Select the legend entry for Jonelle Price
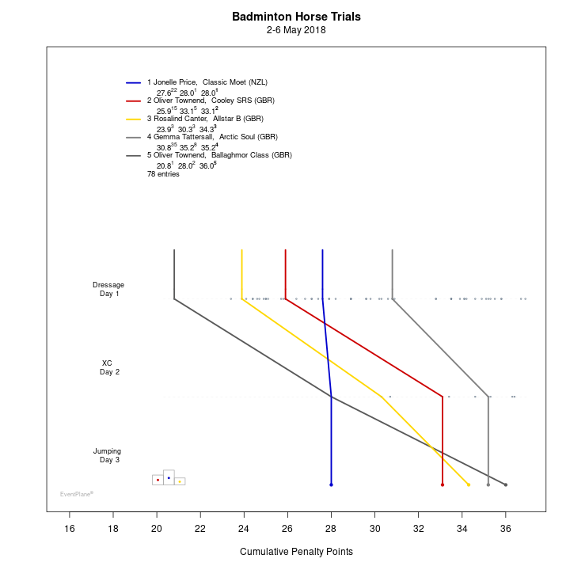[207, 82]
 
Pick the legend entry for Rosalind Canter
[204, 119]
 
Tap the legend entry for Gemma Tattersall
[211, 137]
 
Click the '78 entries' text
[163, 174]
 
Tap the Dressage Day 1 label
[108, 289]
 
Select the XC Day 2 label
[108, 367]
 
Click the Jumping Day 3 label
[108, 455]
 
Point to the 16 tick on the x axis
[70, 528]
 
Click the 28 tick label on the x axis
[331, 528]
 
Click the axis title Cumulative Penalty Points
[296, 551]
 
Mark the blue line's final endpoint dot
[331, 484]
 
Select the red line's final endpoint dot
[443, 484]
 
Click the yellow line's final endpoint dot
[469, 484]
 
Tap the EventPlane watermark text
[77, 494]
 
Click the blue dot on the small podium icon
[169, 478]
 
